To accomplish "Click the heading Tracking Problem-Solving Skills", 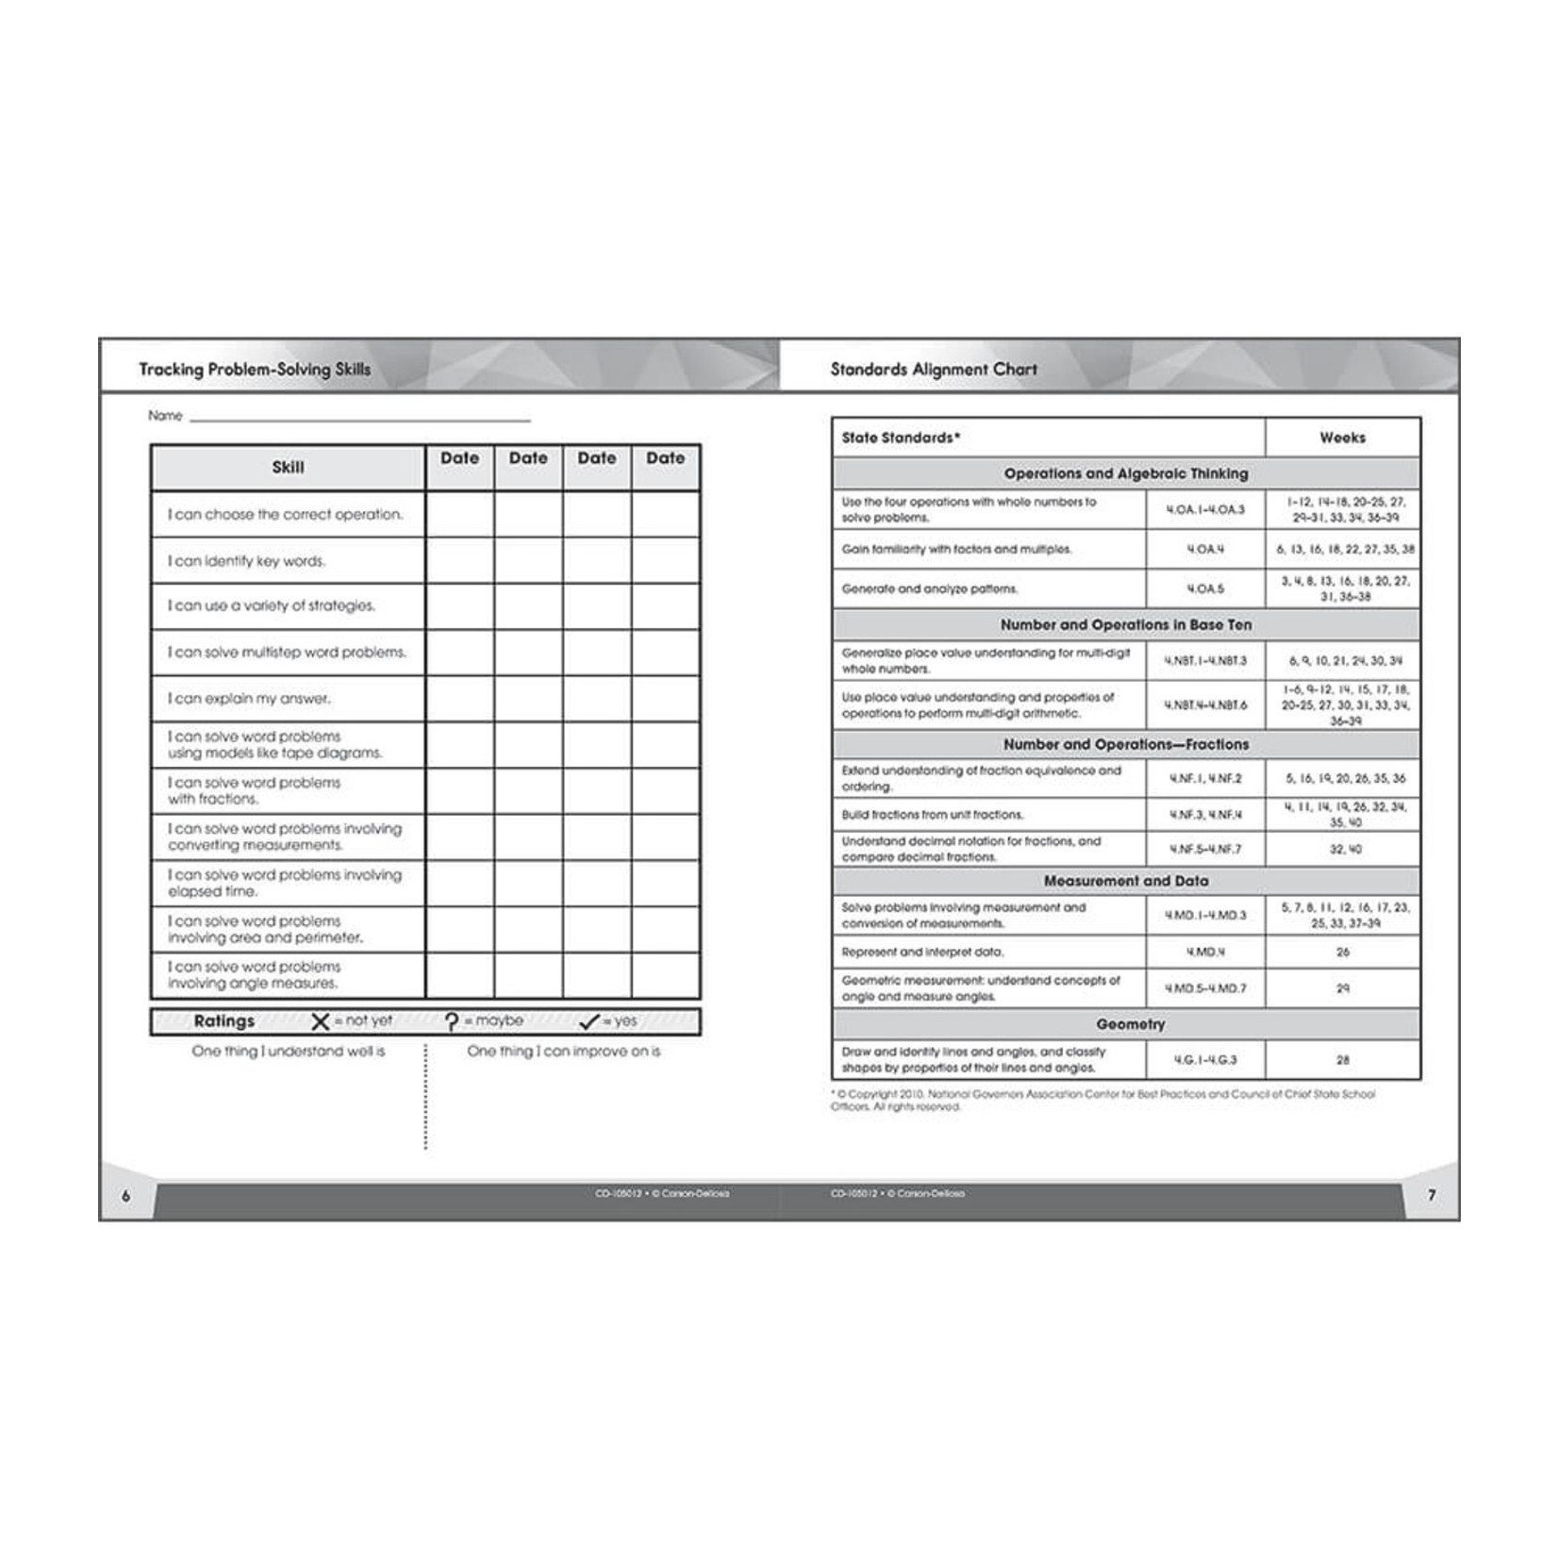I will click(x=255, y=369).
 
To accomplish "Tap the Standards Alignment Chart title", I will click(x=933, y=369).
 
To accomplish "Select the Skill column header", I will click(x=288, y=467).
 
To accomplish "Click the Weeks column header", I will click(x=1342, y=438).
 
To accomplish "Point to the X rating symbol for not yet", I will click(x=321, y=1021).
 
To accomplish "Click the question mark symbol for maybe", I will click(x=452, y=1021).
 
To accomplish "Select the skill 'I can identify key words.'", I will click(x=246, y=561).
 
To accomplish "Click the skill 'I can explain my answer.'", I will click(x=249, y=699).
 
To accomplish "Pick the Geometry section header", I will click(x=1130, y=1024).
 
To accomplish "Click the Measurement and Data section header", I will click(x=1125, y=881).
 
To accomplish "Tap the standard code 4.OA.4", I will click(x=1205, y=549).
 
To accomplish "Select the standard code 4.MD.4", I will click(x=1205, y=952).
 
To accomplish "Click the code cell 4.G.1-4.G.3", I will click(x=1205, y=1060).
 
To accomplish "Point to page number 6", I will click(x=126, y=1196).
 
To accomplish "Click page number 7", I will click(x=1432, y=1196).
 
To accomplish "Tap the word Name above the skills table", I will click(x=165, y=416).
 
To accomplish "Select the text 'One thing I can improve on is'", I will click(x=564, y=1052).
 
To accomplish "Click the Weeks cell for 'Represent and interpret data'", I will click(x=1342, y=952).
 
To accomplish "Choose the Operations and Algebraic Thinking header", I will click(x=1125, y=473).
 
